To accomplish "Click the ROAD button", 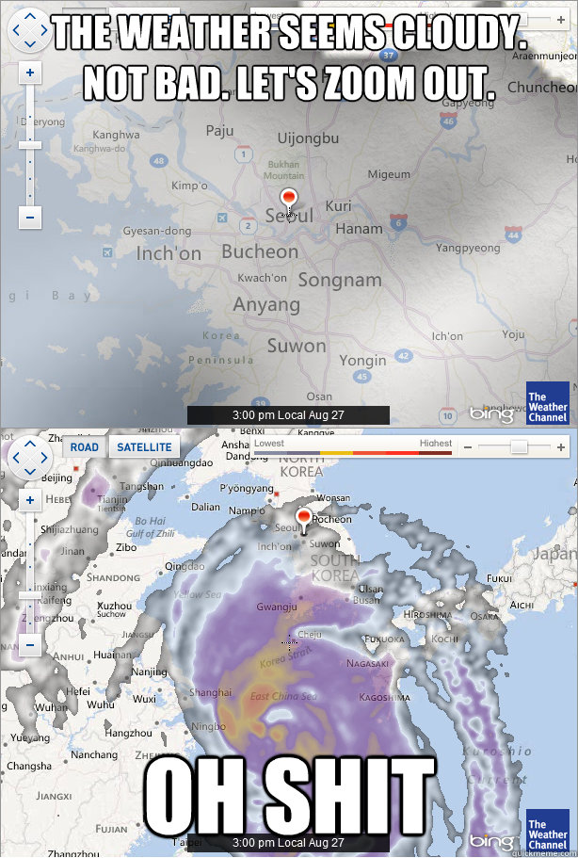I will click(85, 446).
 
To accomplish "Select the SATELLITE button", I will click(144, 446).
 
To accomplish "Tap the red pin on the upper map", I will click(289, 199).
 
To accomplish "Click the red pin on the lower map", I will click(304, 517).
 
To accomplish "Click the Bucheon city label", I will click(260, 251).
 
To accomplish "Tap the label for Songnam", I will click(340, 280).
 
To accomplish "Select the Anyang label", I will click(266, 305).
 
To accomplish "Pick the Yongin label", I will click(362, 360).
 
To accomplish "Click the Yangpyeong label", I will click(468, 249).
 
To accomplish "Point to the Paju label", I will click(219, 131).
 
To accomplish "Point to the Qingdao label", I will click(184, 566).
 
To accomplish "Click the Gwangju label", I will click(278, 607).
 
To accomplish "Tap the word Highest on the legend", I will click(435, 444).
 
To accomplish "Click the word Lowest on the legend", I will click(269, 444).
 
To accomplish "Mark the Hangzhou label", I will click(128, 733).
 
